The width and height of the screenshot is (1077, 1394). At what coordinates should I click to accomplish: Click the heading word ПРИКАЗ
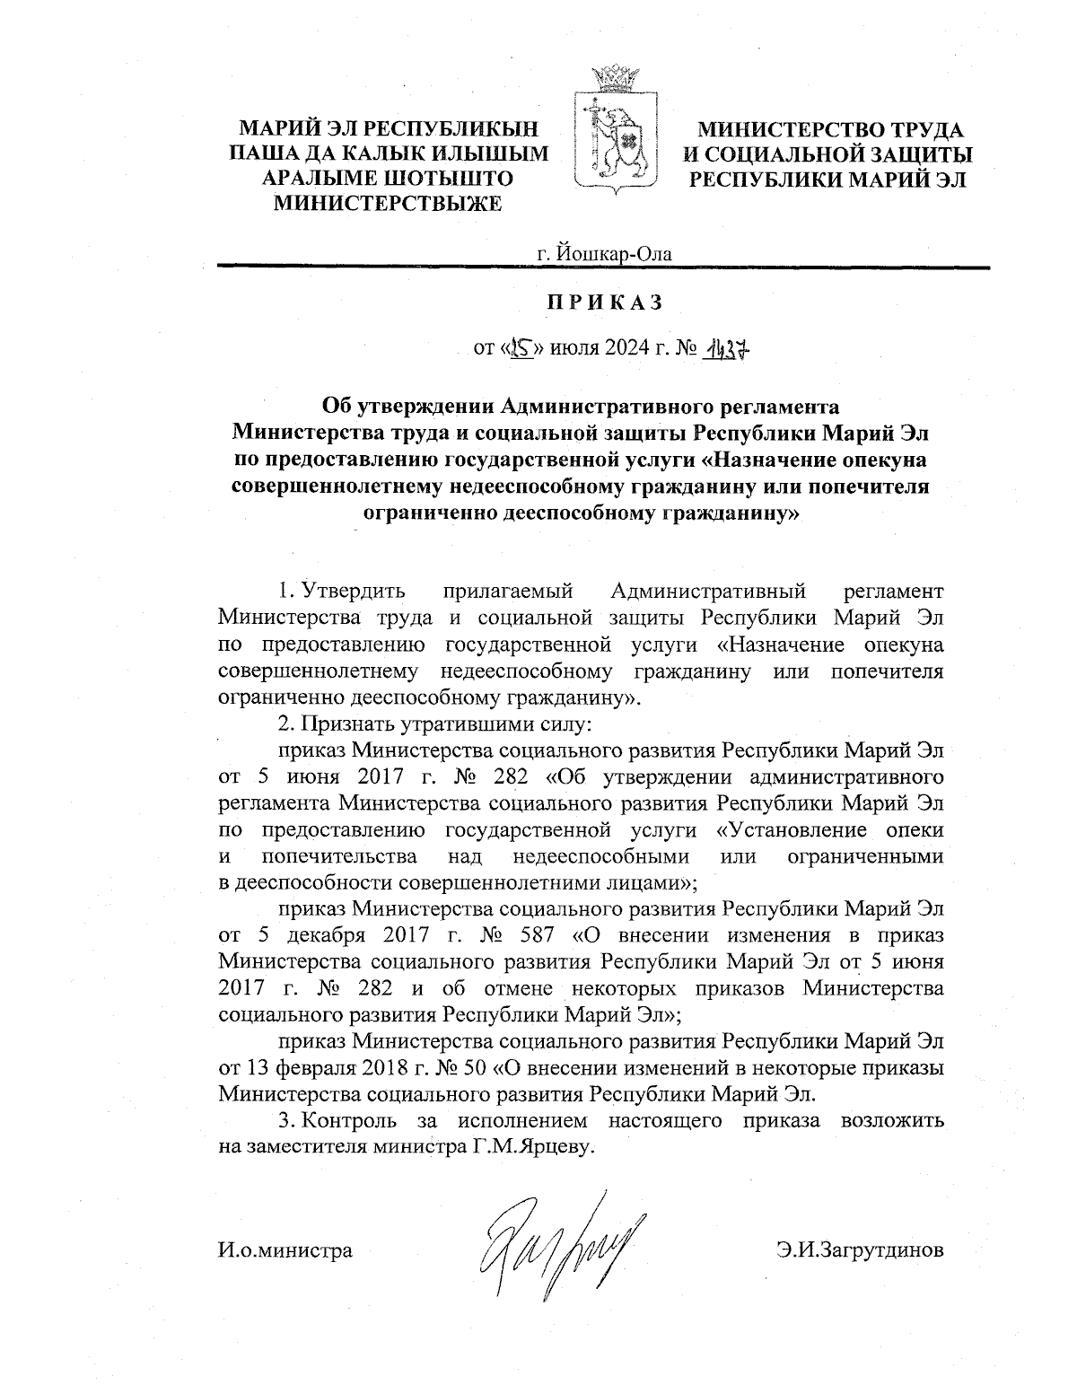click(606, 302)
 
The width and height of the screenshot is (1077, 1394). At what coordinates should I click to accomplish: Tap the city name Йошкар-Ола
click(604, 254)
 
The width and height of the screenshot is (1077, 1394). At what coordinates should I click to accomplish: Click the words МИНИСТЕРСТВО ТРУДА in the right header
click(831, 131)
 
